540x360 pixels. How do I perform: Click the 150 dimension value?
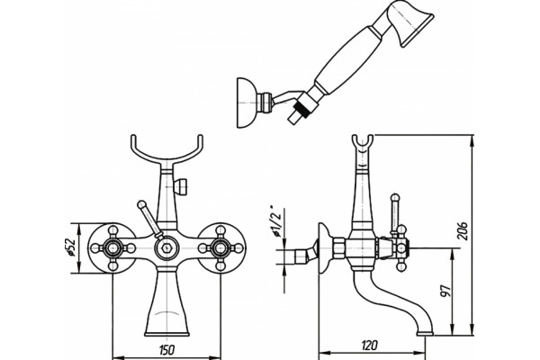click(x=167, y=350)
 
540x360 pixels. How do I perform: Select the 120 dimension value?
click(x=370, y=345)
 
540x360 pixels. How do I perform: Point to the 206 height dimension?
click(x=463, y=230)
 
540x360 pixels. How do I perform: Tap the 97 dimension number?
click(x=445, y=291)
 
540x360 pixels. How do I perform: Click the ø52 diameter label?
click(x=70, y=247)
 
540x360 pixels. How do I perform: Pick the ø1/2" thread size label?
click(x=277, y=221)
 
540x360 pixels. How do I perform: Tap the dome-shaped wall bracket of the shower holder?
click(x=246, y=103)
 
